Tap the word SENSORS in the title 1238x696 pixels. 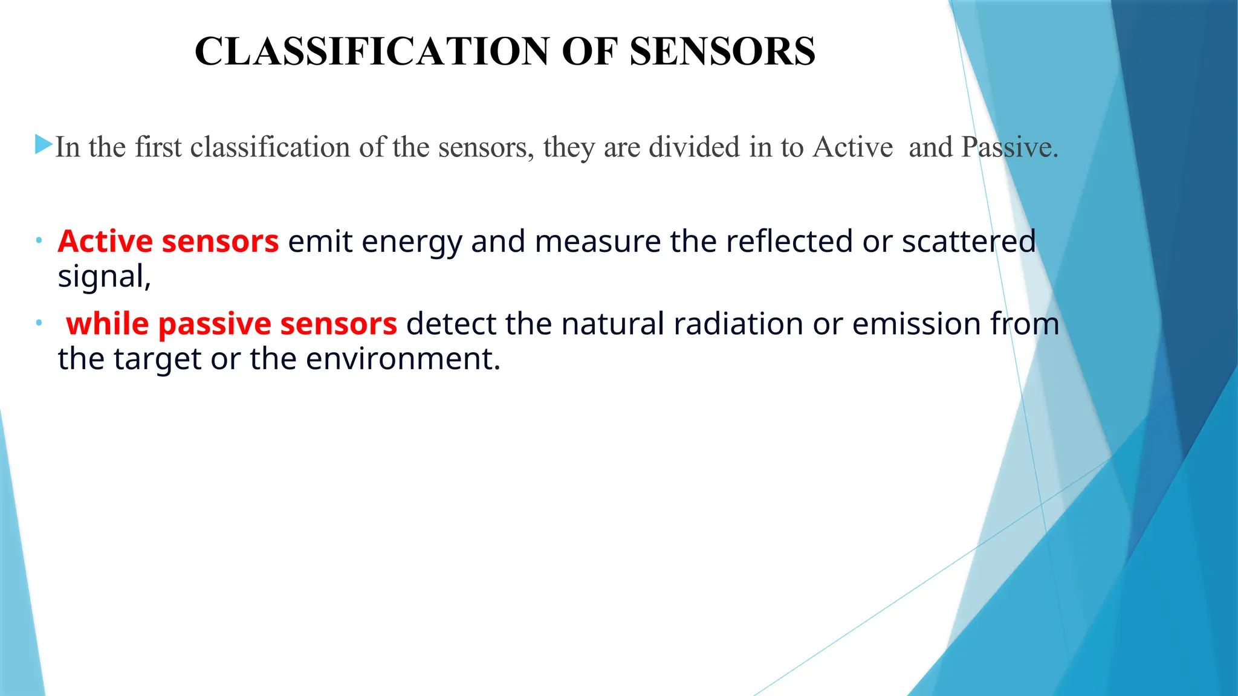[x=722, y=52]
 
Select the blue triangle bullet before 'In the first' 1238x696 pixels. [x=44, y=144]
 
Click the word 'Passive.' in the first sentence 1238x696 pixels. [x=1010, y=147]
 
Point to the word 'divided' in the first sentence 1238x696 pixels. [x=694, y=147]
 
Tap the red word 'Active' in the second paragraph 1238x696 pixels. [x=105, y=242]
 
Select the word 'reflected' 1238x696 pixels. [x=789, y=242]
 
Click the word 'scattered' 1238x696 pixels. [x=968, y=242]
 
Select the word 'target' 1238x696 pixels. [x=157, y=359]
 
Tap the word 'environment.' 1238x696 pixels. [x=403, y=359]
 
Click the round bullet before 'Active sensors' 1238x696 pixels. [x=39, y=241]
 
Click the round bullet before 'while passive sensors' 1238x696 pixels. [x=39, y=323]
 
